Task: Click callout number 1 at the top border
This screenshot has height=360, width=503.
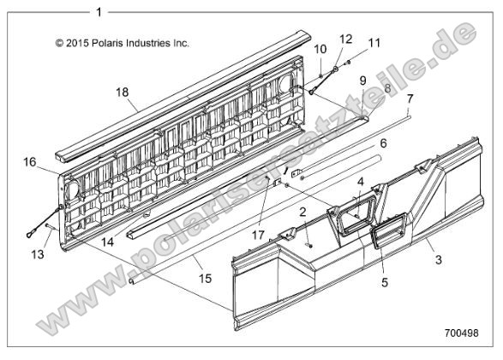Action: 99,13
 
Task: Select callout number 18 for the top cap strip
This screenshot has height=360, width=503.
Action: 123,93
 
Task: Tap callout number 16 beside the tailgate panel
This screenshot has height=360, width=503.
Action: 29,162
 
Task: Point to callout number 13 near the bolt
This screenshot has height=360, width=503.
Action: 38,255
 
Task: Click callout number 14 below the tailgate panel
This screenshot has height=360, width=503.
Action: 107,242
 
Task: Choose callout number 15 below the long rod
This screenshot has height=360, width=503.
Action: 206,279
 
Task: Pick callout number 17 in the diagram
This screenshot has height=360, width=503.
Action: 258,235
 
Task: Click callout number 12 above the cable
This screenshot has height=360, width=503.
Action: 346,39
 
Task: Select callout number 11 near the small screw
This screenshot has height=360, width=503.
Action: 374,43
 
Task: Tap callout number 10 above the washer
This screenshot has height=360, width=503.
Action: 320,50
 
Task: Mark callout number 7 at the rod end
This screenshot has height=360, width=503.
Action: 410,99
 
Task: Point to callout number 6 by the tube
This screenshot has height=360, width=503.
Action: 384,143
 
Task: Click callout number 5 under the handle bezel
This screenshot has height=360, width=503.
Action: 385,283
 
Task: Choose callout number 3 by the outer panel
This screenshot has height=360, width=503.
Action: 439,260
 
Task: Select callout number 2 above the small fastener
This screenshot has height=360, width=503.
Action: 302,212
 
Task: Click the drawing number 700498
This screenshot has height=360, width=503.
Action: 461,333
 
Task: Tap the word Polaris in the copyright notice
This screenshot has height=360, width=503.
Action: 107,43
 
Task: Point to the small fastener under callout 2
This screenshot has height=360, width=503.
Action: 309,245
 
